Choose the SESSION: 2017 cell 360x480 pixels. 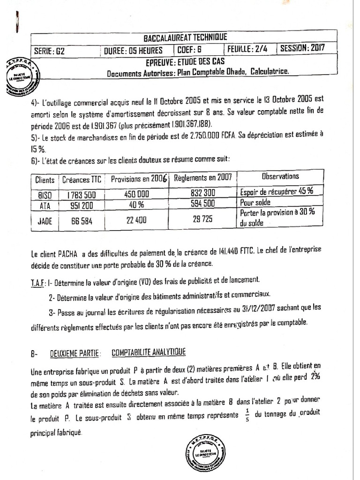tap(302, 48)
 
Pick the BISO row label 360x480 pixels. tap(45, 194)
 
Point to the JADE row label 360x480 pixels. tap(45, 217)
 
